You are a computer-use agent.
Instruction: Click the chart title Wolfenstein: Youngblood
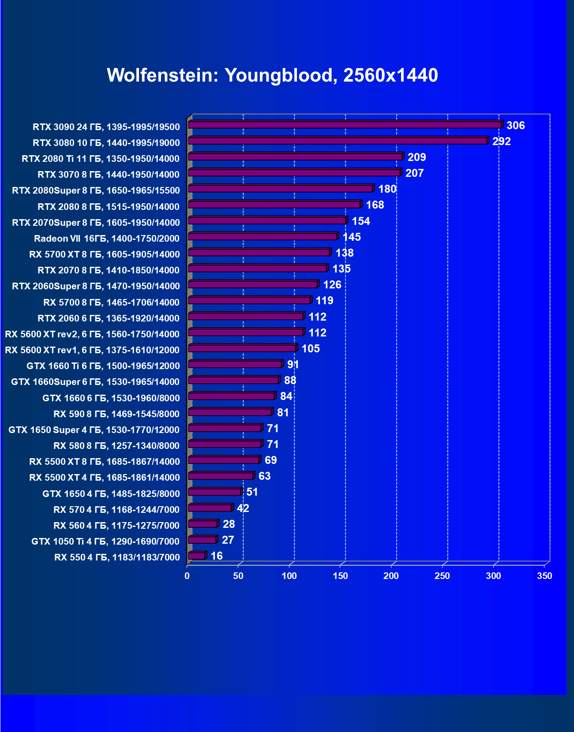pos(272,75)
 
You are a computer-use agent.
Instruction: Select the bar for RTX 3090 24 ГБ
pos(345,125)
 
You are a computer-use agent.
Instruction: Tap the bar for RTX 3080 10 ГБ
pos(338,141)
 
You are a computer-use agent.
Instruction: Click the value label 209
pos(416,157)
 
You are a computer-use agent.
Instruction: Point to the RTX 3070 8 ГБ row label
pos(109,175)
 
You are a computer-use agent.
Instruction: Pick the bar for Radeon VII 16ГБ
pos(263,237)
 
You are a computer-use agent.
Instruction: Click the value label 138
pos(345,253)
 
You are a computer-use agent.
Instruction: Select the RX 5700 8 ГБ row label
pos(111,303)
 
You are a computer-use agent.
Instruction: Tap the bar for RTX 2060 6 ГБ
pos(246,317)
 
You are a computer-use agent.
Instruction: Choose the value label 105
pos(311,349)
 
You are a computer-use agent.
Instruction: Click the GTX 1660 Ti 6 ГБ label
pos(103,366)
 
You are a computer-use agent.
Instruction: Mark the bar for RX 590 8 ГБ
pos(230,412)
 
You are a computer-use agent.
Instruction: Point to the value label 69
pos(270,460)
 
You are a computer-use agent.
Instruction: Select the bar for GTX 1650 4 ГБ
pos(214,492)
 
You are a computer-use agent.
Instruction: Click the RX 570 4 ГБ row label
pos(116,510)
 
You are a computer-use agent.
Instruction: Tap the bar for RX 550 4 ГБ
pos(197,556)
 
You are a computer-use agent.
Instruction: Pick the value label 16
pos(217,556)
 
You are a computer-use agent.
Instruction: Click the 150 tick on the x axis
pos(340,576)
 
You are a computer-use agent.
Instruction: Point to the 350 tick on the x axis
pos(544,576)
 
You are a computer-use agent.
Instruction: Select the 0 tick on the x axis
pos(187,576)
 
